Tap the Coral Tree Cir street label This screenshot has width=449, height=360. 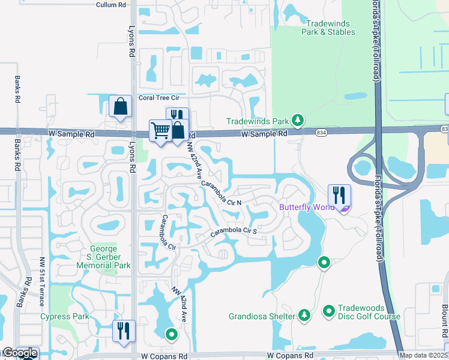click(159, 97)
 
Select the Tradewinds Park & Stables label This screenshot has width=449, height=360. click(326, 28)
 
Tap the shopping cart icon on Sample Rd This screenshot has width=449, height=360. click(160, 130)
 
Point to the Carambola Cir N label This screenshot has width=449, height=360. click(221, 193)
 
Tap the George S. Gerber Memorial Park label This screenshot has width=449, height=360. click(110, 257)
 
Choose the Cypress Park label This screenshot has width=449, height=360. click(64, 316)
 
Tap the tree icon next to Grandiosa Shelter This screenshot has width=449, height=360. click(304, 315)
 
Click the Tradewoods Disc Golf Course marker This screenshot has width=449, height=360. click(328, 311)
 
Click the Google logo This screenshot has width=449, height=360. click(20, 353)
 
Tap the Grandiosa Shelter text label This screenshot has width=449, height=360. click(262, 316)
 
